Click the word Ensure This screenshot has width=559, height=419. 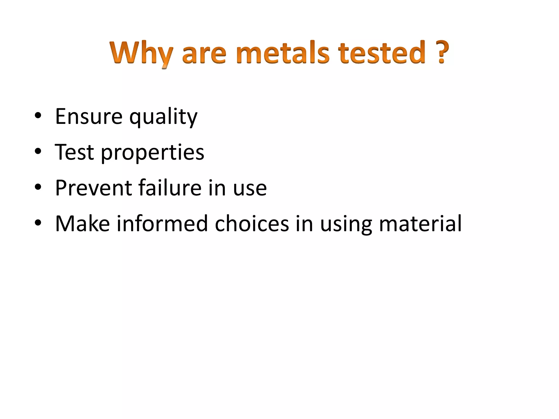(x=89, y=116)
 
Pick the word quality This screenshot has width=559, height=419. (x=163, y=117)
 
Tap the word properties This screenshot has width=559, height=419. (x=153, y=153)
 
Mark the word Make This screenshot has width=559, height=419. (x=82, y=224)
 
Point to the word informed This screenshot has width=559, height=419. (x=162, y=224)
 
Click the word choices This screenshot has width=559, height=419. (x=252, y=224)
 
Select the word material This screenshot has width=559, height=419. (x=420, y=224)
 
